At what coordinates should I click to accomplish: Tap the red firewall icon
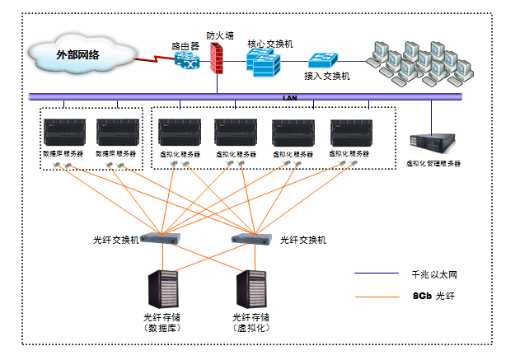[x=218, y=58]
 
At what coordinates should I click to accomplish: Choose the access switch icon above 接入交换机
[x=323, y=61]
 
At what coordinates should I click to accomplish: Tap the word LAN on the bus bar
[x=289, y=97]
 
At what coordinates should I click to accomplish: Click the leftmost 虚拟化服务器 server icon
[x=179, y=133]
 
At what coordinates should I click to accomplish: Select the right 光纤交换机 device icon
[x=251, y=239]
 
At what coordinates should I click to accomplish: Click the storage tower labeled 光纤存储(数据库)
[x=163, y=288]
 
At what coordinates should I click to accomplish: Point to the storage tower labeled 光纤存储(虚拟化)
[x=252, y=288]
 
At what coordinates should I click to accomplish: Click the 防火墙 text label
[x=220, y=35]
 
